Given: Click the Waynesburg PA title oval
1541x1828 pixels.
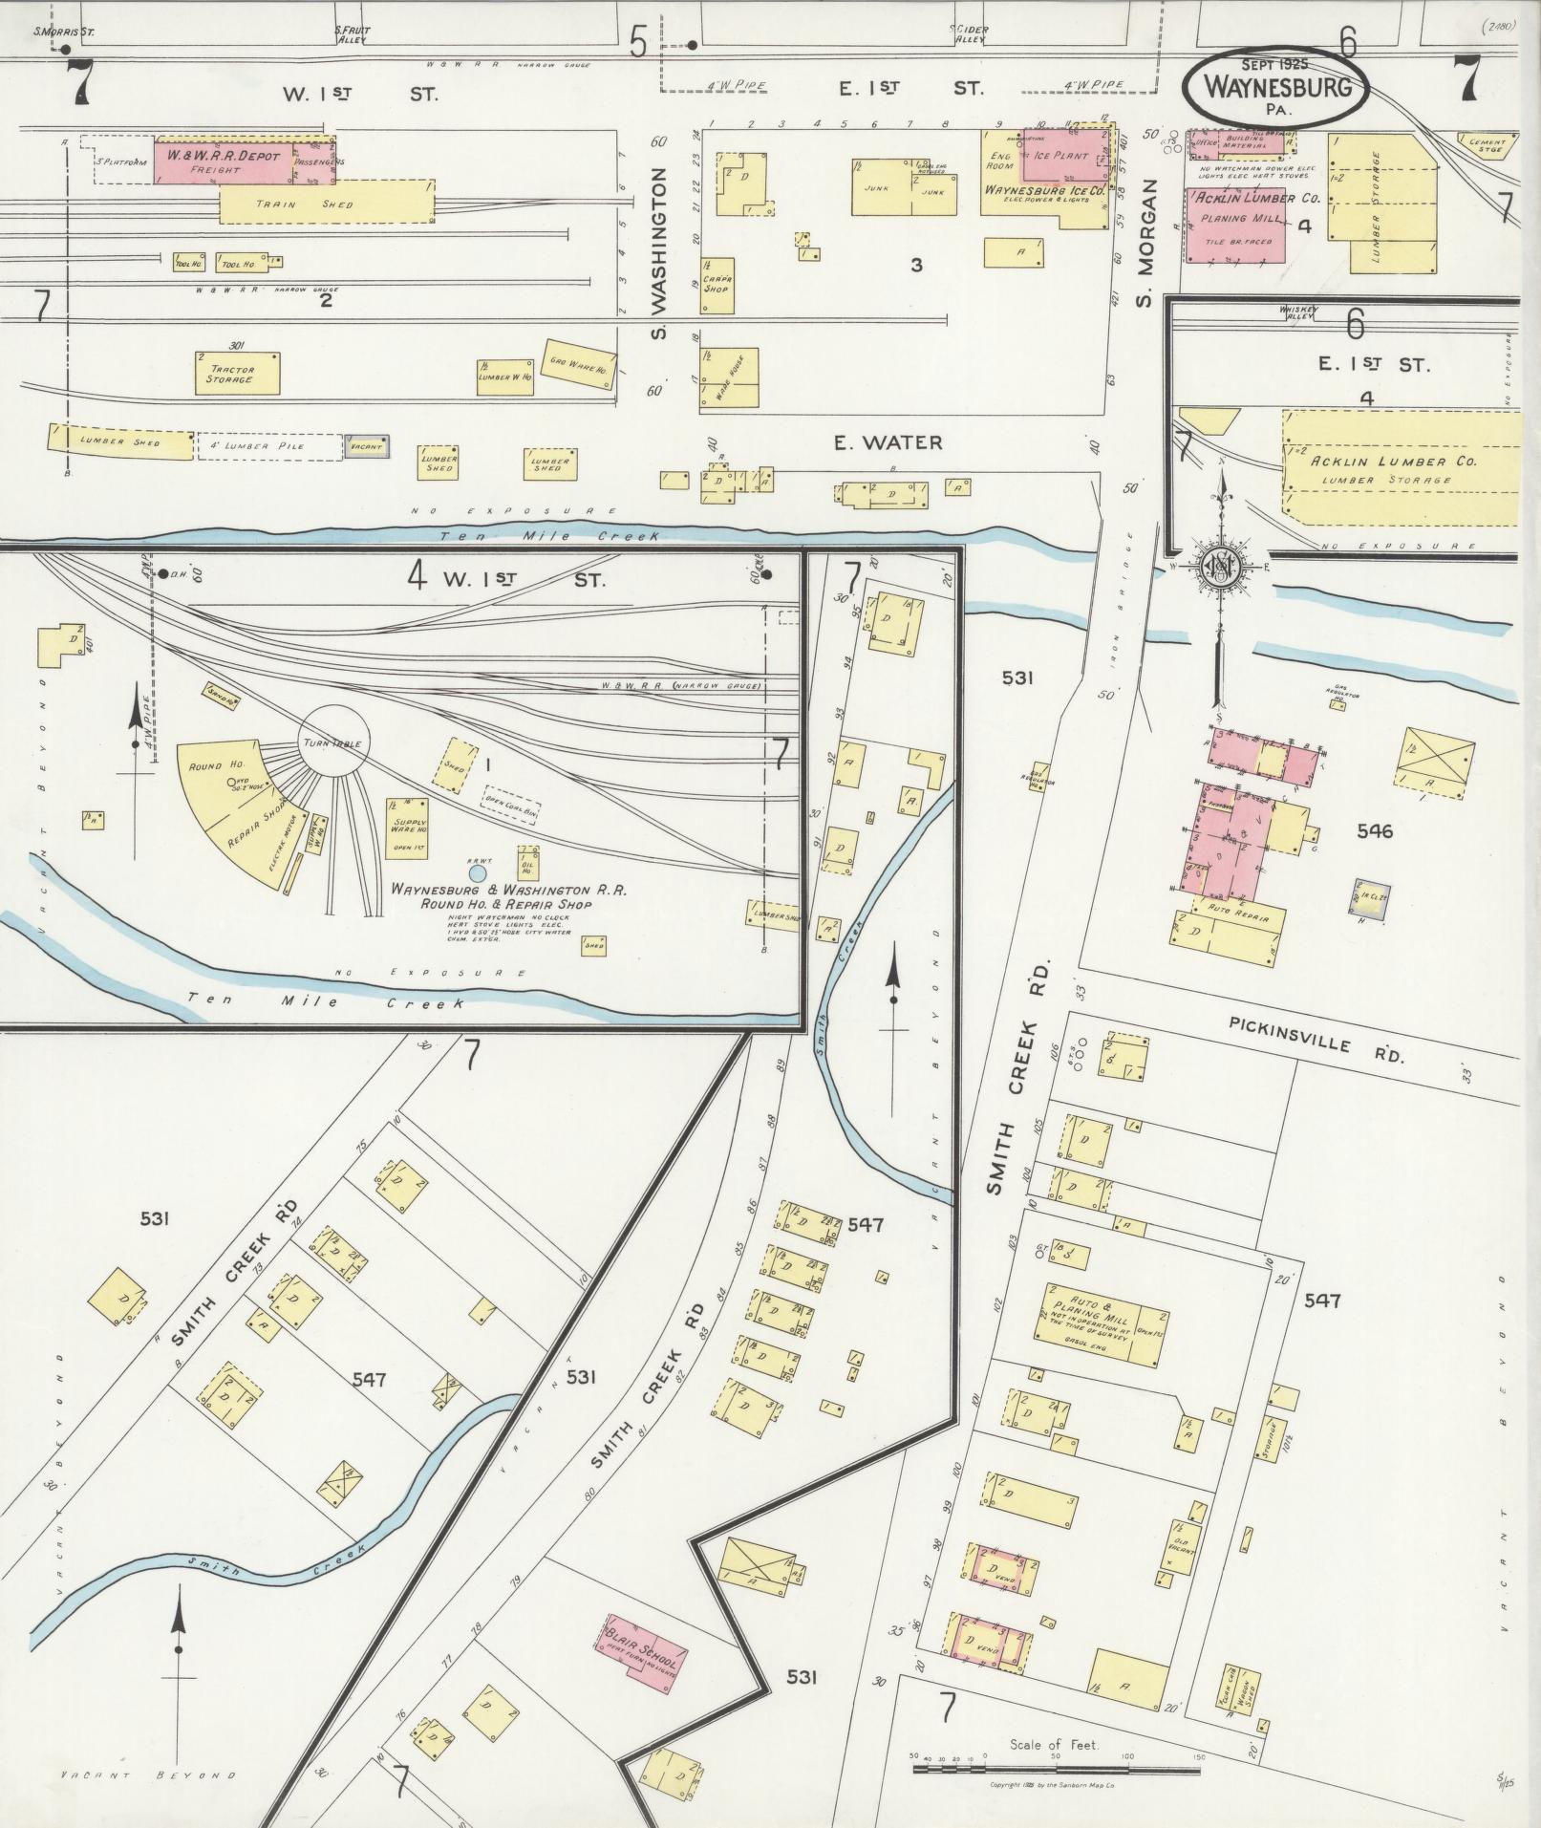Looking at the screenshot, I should coord(1274,87).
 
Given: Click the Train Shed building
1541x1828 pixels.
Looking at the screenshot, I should coord(326,204).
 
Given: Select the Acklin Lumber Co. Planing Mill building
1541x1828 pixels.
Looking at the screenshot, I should coord(1235,226).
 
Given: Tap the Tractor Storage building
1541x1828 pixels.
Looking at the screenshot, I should coord(237,374).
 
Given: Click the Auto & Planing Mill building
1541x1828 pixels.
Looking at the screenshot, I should coord(1100,1323).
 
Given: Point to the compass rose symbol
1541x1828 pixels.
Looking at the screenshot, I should coord(1220,568).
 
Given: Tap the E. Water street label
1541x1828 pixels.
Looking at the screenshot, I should coord(888,442).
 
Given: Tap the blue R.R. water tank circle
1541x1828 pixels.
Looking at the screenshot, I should coord(477,872).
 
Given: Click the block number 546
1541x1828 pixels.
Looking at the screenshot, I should coord(1375,831).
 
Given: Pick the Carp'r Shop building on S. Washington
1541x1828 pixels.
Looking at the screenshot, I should coord(717,286).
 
